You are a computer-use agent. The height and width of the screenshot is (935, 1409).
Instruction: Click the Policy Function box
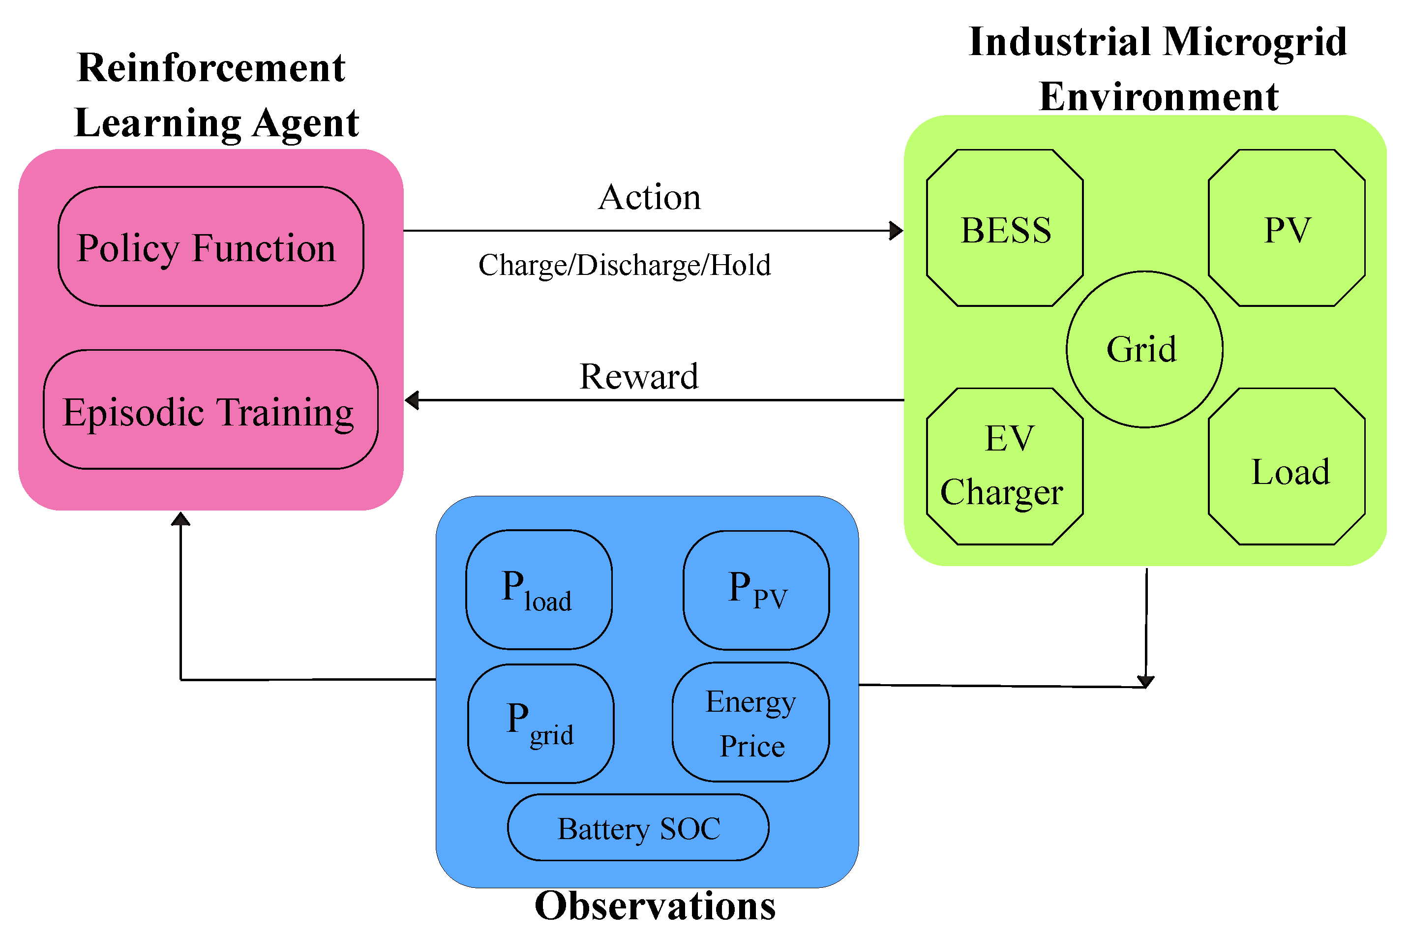(x=210, y=246)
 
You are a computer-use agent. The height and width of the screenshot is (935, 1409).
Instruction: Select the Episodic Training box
(x=210, y=410)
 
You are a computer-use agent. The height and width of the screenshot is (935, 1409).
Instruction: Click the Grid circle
(x=1143, y=349)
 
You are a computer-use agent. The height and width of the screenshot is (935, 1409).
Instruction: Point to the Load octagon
(x=1286, y=466)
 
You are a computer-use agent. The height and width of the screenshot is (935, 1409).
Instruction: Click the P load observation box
(x=539, y=590)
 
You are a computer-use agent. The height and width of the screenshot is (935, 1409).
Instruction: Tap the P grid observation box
(x=540, y=724)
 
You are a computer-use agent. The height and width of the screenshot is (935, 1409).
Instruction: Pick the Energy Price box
(x=750, y=722)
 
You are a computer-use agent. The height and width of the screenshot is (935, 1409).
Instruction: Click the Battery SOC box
(x=637, y=828)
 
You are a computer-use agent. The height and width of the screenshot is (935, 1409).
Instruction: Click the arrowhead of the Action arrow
(x=896, y=230)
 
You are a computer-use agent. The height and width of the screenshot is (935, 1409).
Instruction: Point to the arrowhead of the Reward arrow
(x=412, y=400)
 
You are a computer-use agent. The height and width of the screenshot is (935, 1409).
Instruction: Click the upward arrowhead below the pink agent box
(x=180, y=519)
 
